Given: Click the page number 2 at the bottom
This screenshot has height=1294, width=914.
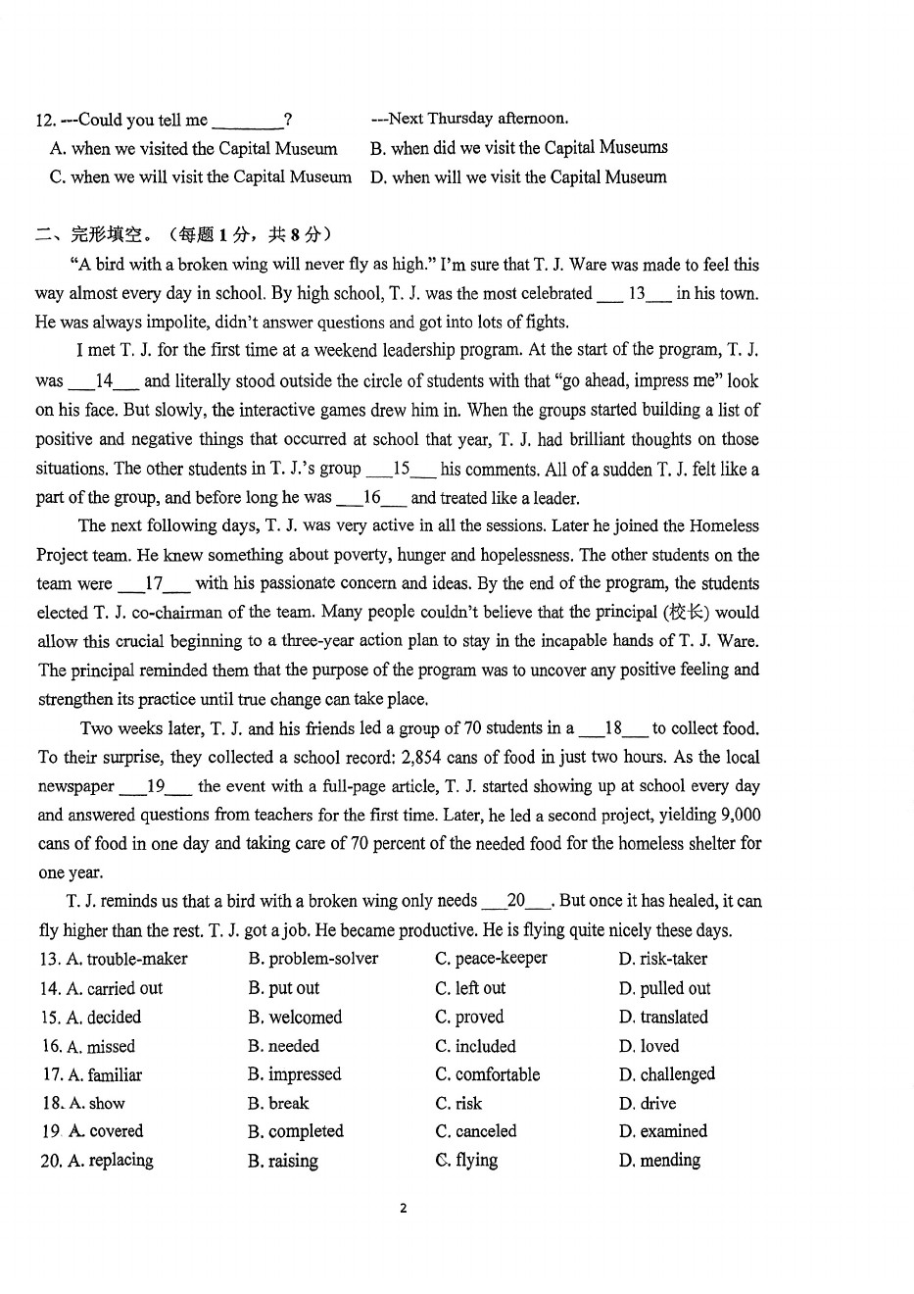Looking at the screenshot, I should (x=403, y=1208).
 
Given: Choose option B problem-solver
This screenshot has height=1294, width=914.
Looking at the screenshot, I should (x=313, y=959).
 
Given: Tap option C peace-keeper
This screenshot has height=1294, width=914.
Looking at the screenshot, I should (x=491, y=958).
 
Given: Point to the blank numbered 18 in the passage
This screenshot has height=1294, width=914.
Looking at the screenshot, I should (x=613, y=728).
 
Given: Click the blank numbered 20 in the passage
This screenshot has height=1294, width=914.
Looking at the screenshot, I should (x=516, y=901).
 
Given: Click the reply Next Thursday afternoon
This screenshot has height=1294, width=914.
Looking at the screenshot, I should (x=469, y=119).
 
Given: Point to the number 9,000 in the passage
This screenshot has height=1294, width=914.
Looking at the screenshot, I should (x=741, y=815).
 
